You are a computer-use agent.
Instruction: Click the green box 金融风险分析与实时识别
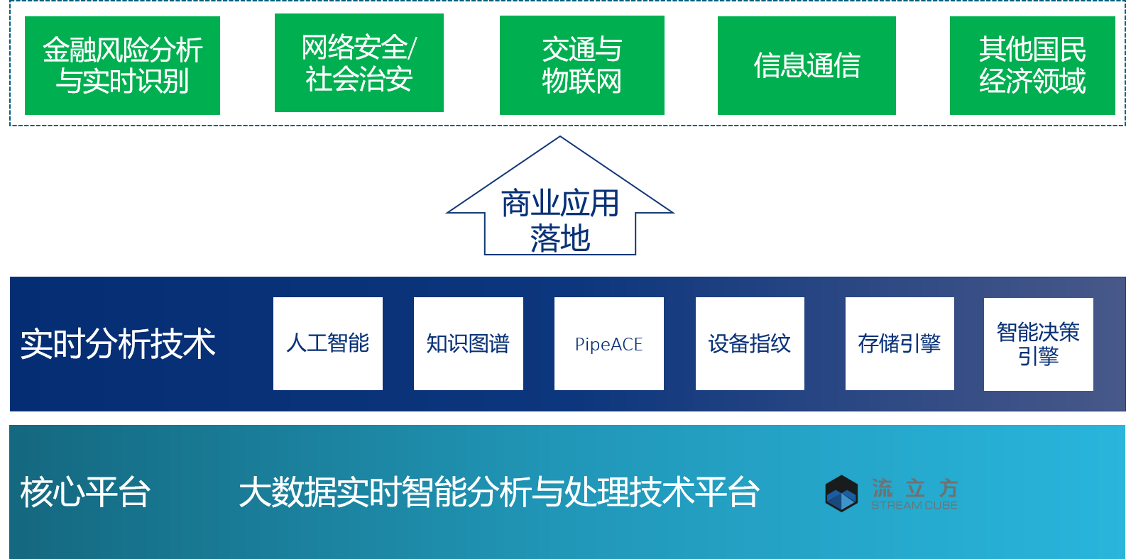click(122, 65)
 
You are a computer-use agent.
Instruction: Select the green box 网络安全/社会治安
click(359, 62)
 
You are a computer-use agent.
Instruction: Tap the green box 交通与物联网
click(581, 65)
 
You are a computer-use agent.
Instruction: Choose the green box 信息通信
click(807, 65)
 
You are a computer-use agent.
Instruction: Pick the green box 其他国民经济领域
click(1032, 65)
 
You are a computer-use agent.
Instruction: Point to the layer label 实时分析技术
click(118, 344)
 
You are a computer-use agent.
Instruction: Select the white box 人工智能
click(328, 343)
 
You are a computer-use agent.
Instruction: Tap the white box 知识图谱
click(468, 343)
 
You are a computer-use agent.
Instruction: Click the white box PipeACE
click(608, 343)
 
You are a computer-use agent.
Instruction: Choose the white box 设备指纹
click(750, 343)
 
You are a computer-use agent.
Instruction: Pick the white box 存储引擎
click(900, 343)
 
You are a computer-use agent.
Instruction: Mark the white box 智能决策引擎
click(1038, 344)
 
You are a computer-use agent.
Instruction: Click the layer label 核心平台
click(85, 492)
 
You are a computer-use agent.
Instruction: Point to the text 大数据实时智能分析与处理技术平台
click(498, 492)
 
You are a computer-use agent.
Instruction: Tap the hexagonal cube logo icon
click(841, 493)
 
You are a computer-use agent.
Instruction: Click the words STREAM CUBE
click(914, 505)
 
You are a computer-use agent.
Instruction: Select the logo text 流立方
click(915, 487)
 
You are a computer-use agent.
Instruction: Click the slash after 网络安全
click(412, 48)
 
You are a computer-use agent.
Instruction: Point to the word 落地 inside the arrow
click(560, 238)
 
